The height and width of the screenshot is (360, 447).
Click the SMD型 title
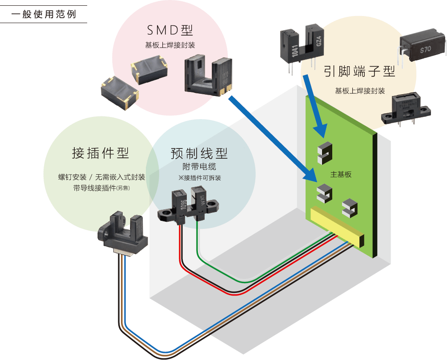(170, 30)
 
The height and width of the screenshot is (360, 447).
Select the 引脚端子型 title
(359, 71)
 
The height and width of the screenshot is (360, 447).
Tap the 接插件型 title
(101, 153)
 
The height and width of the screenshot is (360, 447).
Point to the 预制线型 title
(199, 154)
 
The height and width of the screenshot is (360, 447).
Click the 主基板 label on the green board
(341, 174)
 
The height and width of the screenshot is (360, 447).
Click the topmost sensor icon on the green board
(325, 152)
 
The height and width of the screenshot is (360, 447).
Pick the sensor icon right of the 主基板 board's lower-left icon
(350, 208)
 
